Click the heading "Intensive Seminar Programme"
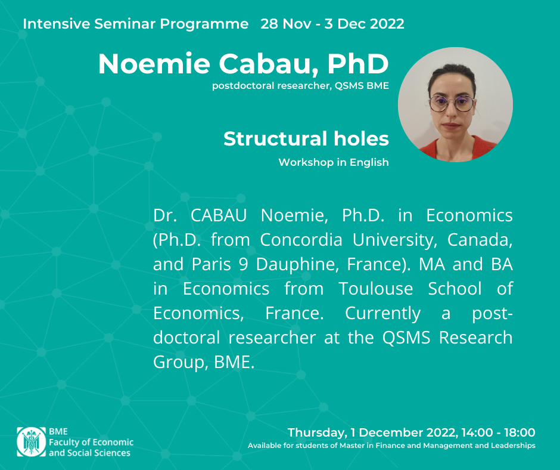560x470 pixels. tap(136, 24)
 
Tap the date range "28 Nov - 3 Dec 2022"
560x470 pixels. tap(332, 24)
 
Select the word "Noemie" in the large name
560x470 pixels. tap(154, 64)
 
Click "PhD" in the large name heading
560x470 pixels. tap(358, 64)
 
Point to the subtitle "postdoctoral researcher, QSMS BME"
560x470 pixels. tap(300, 86)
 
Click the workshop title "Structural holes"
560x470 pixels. tap(306, 138)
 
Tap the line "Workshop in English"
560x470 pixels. tap(334, 162)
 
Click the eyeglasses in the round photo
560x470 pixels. tap(452, 104)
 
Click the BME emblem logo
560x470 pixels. tap(32, 442)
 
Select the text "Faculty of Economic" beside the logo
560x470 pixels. tap(91, 442)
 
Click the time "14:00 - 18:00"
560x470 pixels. tap(498, 432)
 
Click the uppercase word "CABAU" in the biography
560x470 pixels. tap(219, 215)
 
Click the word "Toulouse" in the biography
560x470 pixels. tap(376, 289)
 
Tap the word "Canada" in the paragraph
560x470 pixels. tap(480, 240)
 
